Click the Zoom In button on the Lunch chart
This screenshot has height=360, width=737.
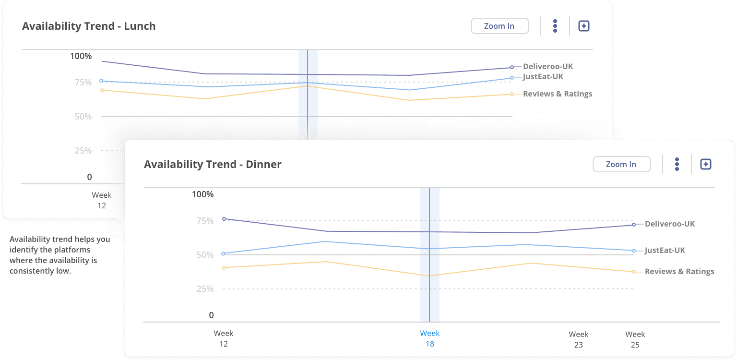(x=499, y=26)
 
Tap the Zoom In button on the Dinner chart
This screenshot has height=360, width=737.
(x=621, y=164)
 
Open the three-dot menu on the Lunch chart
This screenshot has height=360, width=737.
(x=555, y=26)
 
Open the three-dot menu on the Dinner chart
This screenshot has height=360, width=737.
(x=677, y=164)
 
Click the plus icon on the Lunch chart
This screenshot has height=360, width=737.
(x=583, y=26)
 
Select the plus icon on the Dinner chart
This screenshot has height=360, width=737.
(x=705, y=164)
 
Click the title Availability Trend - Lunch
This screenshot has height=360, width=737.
(x=89, y=26)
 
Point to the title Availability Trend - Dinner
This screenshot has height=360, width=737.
(x=213, y=164)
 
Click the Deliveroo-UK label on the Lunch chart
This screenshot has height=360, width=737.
(x=548, y=67)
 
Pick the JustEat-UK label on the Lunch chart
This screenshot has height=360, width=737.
(x=543, y=77)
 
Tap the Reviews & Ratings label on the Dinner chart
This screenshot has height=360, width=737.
(x=679, y=272)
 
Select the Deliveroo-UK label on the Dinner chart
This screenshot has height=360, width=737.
(x=670, y=224)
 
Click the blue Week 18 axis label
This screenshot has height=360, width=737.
(x=430, y=338)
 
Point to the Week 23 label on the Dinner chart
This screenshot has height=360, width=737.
(x=579, y=339)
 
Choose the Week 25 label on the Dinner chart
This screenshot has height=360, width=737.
(x=635, y=339)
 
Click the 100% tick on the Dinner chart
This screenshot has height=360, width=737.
(x=202, y=194)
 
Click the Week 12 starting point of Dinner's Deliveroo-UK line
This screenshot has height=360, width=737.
(x=224, y=219)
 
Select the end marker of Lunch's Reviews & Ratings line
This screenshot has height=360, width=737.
(x=512, y=94)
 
